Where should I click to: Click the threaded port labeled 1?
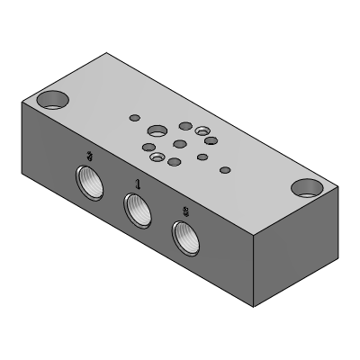coord(136,211)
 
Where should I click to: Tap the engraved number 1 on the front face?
coord(137,184)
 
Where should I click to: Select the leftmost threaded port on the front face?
coord(88,184)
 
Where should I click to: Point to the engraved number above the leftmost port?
coord(88,157)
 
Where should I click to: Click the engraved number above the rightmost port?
coord(185,211)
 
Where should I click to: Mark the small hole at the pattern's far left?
coord(135,117)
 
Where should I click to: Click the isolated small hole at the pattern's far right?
coord(225,166)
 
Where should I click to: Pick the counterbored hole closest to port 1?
coord(158,158)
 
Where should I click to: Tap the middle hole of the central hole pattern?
coord(180,144)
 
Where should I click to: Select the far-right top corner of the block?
coord(338,186)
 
